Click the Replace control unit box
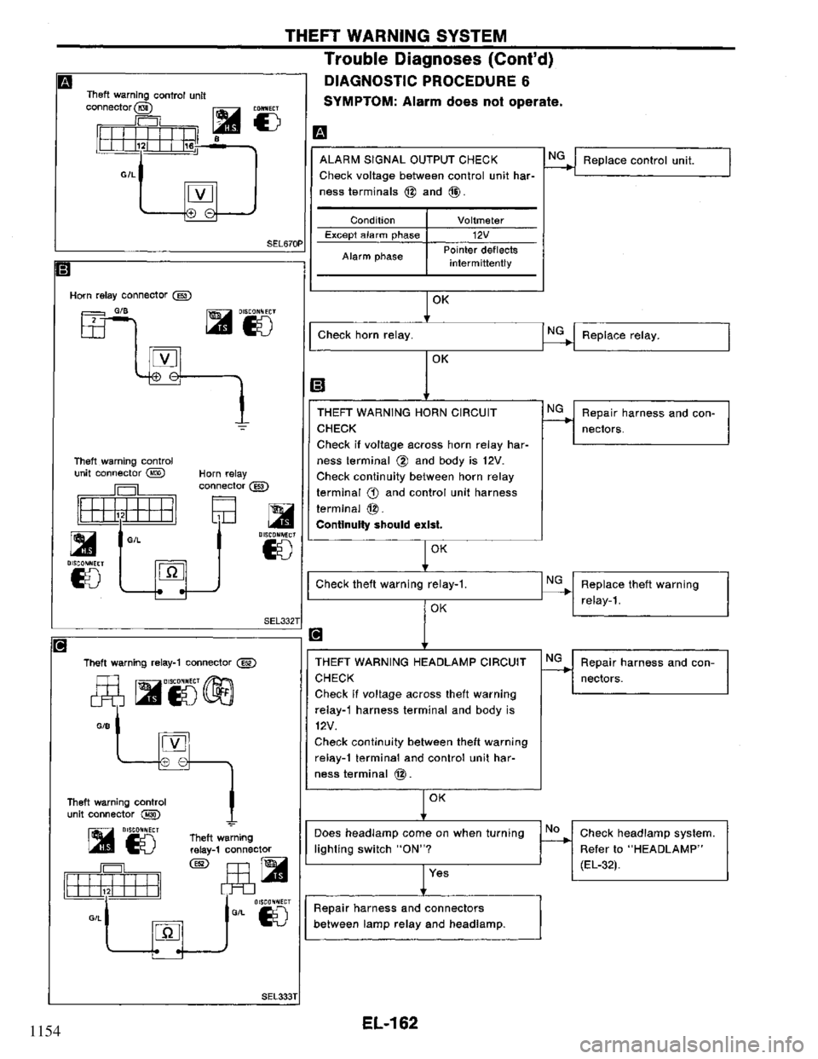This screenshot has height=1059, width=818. (x=651, y=160)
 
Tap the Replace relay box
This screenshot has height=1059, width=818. (x=651, y=336)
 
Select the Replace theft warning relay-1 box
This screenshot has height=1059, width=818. (x=651, y=591)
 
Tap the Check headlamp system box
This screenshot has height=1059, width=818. (x=651, y=848)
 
